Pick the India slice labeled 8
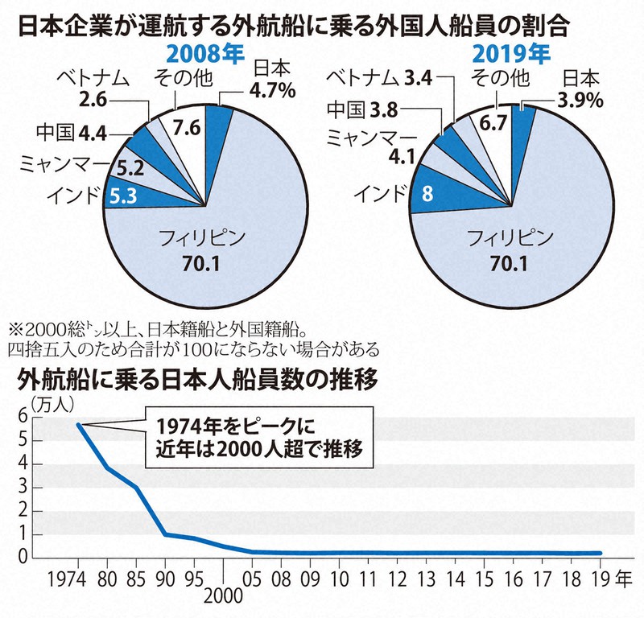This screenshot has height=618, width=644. click(429, 193)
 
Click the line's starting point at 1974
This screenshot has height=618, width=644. click(78, 425)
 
